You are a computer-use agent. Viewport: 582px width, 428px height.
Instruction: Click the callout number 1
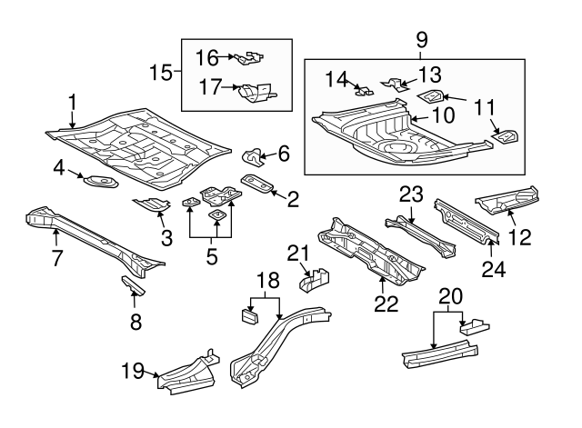click(x=72, y=103)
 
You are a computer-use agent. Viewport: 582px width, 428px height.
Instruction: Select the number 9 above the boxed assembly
click(x=420, y=41)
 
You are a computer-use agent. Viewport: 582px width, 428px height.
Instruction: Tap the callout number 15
click(x=160, y=71)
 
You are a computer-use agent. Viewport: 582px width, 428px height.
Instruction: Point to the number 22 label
click(x=386, y=303)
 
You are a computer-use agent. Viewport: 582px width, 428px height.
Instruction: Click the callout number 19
click(x=133, y=370)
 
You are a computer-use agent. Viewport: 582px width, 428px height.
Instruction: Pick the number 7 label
click(x=56, y=257)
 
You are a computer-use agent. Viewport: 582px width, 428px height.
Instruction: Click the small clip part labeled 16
click(x=247, y=60)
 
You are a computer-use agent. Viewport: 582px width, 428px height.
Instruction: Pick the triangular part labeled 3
click(x=152, y=204)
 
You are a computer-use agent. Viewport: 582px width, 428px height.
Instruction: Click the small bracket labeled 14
click(x=364, y=90)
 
